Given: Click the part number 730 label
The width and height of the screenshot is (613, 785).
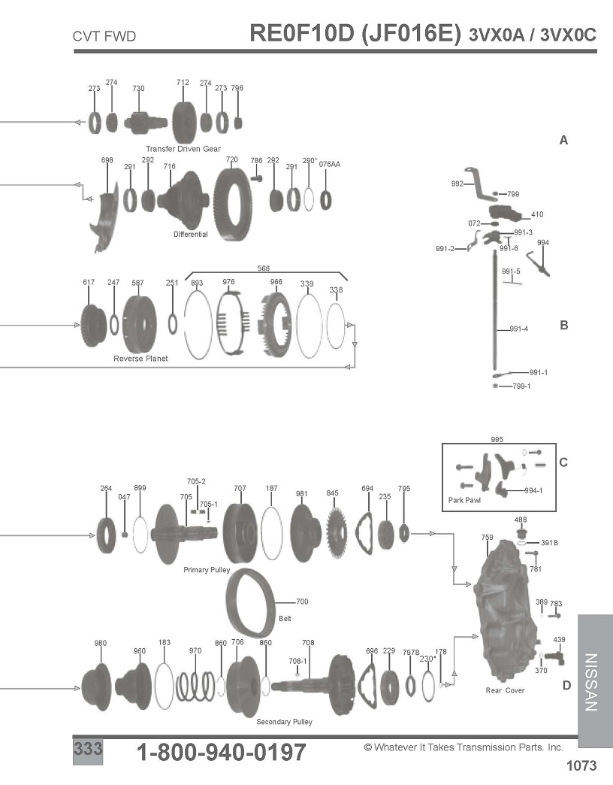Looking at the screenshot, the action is tap(138, 89).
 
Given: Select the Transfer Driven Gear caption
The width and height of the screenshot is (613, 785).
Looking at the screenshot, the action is tap(183, 149).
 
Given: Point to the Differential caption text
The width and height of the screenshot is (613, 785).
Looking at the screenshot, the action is tap(191, 235).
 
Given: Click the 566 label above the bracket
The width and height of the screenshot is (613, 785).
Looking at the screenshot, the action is tap(264, 268).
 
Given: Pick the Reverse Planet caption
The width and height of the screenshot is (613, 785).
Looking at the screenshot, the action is tap(140, 359).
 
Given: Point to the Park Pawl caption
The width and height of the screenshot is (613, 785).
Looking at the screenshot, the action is tap(464, 500).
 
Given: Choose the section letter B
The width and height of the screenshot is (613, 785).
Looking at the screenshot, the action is tap(564, 326).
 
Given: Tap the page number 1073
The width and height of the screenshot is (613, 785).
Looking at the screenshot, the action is tap(581, 765).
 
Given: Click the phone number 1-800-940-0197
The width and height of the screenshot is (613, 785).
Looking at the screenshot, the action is tap(221, 752).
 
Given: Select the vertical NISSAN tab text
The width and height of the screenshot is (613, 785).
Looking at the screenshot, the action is tap(591, 682).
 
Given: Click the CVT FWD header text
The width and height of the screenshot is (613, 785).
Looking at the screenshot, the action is tap(104, 37).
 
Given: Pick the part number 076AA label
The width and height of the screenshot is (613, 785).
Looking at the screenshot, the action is tap(330, 164).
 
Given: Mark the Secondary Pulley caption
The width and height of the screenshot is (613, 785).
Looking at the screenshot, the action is tap(284, 721).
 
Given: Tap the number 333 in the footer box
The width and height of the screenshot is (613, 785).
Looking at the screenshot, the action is tap(88, 749).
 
